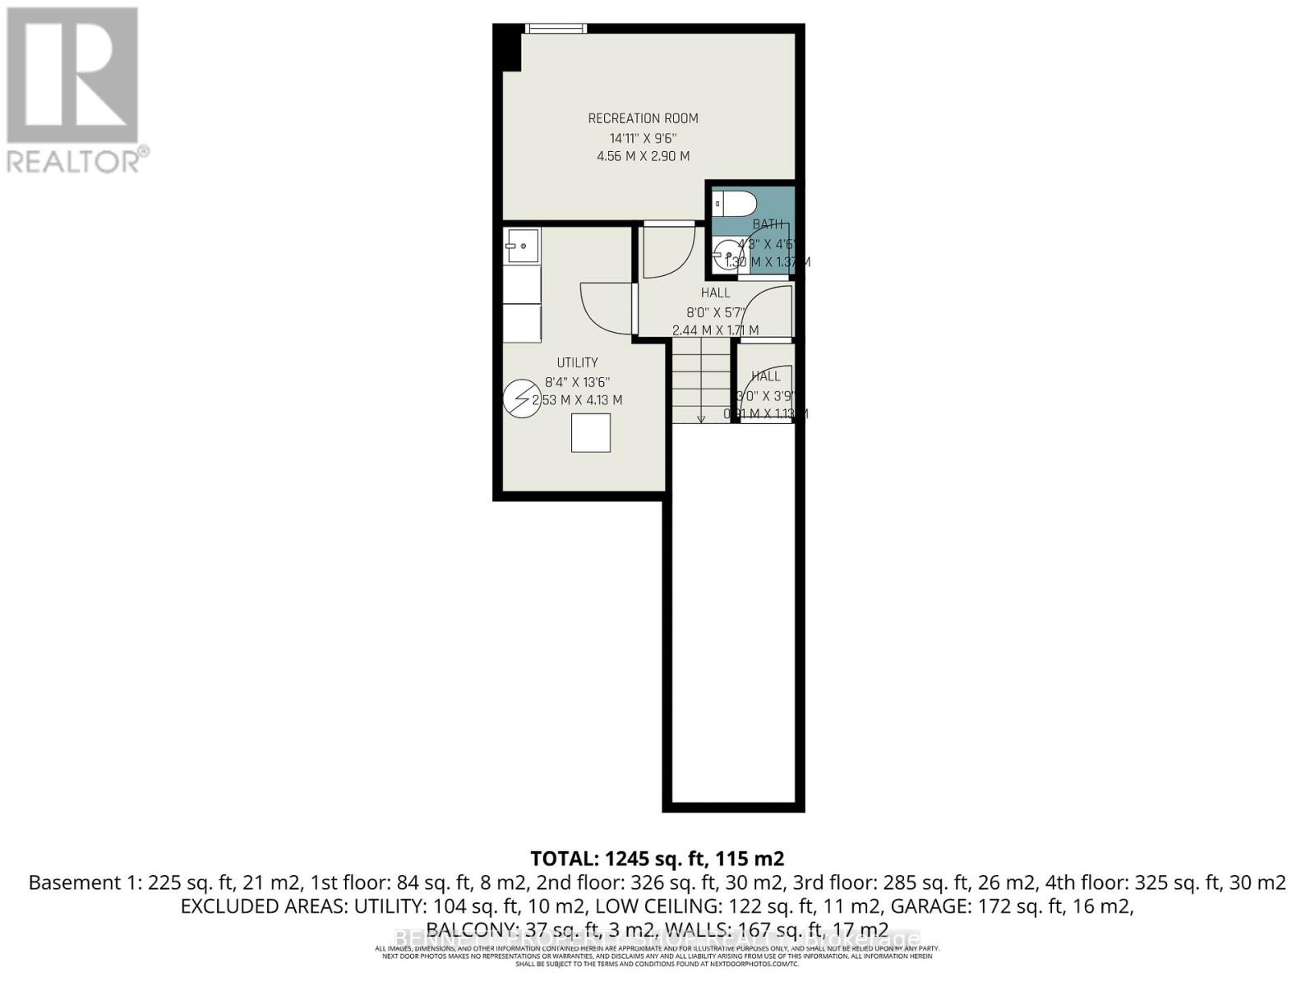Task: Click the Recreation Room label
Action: (643, 118)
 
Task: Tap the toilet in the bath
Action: (729, 203)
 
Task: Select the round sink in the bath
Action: (726, 255)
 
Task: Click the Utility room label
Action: (577, 362)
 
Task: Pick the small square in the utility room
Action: (591, 433)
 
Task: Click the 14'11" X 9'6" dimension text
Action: (643, 138)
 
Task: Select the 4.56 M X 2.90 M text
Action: (643, 156)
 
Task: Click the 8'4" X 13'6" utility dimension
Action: (577, 382)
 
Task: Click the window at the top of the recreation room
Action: (556, 29)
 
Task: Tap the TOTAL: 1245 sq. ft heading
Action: (657, 859)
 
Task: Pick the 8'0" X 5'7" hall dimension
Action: (716, 312)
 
